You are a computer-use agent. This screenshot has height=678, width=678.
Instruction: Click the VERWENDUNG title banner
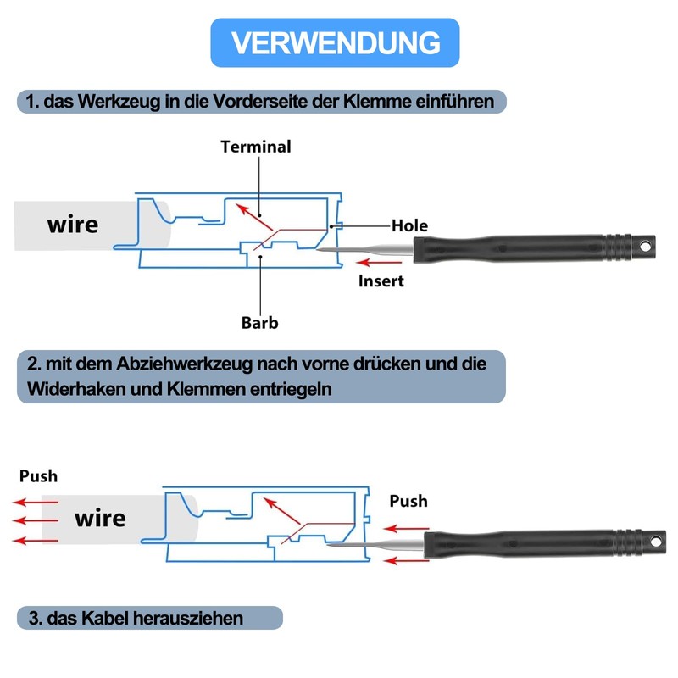[335, 42]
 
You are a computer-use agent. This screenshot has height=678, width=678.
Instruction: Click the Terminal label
[256, 147]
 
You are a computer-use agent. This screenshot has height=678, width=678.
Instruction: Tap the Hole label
[409, 225]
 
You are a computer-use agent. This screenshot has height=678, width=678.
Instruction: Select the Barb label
[260, 323]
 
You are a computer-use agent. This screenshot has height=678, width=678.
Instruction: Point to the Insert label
[381, 281]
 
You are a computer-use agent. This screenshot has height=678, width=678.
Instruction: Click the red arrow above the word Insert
[379, 262]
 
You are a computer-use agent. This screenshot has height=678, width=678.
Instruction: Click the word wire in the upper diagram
[73, 225]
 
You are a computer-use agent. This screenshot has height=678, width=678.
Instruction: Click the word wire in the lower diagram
[100, 518]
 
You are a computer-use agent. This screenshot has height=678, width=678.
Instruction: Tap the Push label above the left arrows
[38, 476]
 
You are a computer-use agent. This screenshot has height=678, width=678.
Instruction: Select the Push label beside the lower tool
[408, 501]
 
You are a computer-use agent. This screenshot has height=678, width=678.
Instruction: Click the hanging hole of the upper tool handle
[645, 247]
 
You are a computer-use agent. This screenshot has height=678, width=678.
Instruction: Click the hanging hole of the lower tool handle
[656, 542]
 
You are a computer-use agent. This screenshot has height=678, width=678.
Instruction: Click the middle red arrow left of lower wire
[35, 520]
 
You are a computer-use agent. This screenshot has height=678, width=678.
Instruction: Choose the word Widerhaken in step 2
[76, 389]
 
